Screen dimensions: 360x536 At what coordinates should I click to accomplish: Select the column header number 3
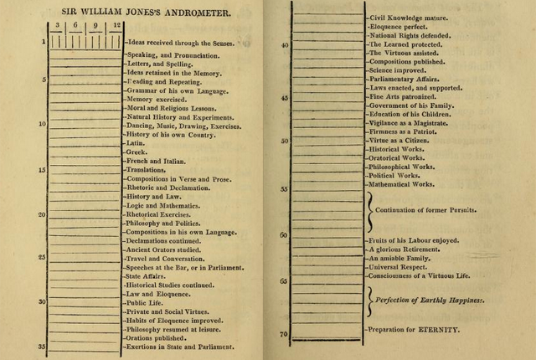coord(57,25)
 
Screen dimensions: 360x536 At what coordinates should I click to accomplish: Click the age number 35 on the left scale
coord(41,347)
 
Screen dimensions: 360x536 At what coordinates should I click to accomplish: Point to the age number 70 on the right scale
coord(284,333)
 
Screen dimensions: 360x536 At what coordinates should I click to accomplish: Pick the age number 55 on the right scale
coord(284,189)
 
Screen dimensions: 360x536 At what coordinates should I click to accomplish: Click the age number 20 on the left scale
coord(41,214)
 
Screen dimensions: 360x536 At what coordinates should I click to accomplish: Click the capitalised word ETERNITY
coord(441,330)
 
